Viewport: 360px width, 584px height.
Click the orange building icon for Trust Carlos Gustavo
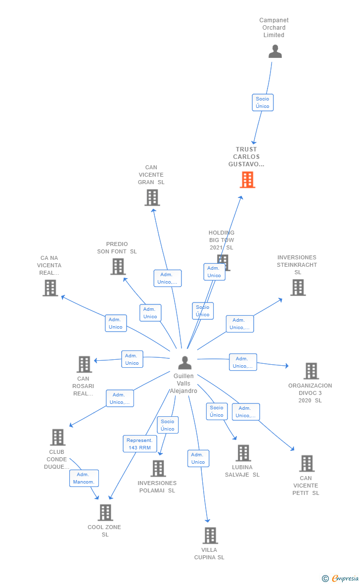point(247,180)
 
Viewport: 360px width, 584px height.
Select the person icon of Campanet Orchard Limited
point(275,51)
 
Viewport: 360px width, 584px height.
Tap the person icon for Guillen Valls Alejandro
point(184,363)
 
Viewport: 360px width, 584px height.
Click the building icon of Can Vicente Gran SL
point(152,197)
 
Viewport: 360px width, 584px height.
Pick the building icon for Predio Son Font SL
point(118,267)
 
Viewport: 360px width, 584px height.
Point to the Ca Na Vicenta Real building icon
point(50,288)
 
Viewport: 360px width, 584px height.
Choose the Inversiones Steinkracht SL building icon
point(298,288)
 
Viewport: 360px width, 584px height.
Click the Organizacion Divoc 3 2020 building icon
point(311,371)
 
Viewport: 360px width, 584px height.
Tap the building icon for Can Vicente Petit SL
point(307,464)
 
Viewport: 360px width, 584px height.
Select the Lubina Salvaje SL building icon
point(243,453)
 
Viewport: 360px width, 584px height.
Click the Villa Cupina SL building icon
point(210,535)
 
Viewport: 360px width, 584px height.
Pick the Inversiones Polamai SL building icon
point(158,468)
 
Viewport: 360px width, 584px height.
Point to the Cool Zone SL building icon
point(105,513)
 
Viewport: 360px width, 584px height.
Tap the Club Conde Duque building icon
point(58,438)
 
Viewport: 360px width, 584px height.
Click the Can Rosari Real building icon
point(84,364)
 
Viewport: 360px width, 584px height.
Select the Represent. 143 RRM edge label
point(140,444)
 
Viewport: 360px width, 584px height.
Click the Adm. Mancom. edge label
point(84,478)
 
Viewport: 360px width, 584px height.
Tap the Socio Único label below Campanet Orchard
point(263,102)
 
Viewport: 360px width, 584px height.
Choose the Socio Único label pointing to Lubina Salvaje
point(217,411)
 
